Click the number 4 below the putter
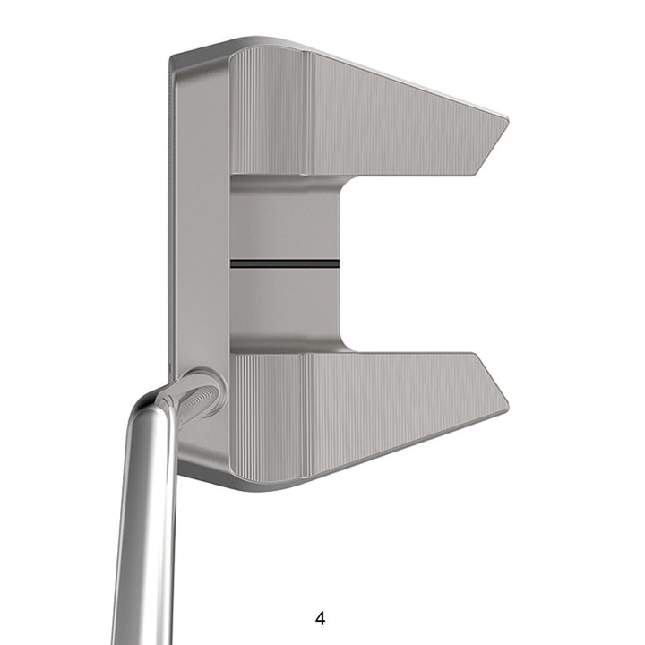coord(321,618)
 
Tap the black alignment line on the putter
coord(285,264)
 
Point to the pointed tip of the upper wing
coord(506,122)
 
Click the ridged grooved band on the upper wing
coord(269,112)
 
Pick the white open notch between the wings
coord(412,264)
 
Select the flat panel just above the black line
coord(285,224)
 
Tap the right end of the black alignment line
coord(337,264)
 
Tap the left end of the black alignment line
coord(233,264)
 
